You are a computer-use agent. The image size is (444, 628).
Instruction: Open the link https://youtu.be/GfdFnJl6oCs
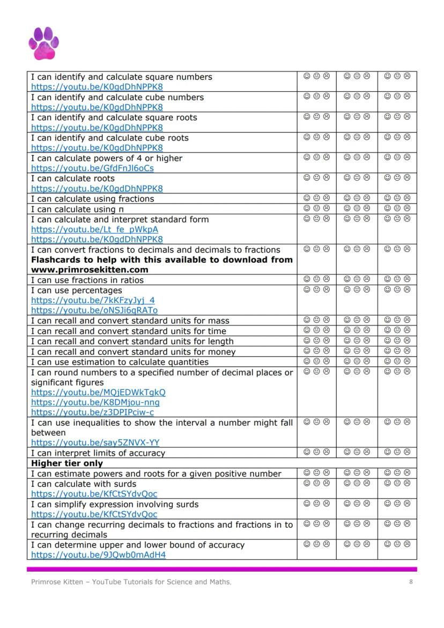point(92,168)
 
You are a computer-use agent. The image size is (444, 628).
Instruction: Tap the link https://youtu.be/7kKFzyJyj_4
point(92,300)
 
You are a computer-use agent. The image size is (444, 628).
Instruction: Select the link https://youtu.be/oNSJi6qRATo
point(94,311)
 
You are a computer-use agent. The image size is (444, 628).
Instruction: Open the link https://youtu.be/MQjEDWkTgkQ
point(98,393)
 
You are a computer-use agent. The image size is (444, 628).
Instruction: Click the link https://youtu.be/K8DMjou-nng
point(95,402)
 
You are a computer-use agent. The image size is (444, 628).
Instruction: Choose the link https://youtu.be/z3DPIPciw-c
point(92,412)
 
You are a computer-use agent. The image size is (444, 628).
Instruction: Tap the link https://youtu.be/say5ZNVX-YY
point(95,443)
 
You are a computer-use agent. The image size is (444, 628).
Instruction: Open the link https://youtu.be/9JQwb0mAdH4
point(98,555)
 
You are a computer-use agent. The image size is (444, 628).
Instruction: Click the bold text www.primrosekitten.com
point(90,270)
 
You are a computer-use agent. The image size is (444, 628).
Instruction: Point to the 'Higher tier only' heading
point(67,463)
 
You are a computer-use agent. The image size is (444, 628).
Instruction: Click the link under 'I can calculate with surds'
point(94,494)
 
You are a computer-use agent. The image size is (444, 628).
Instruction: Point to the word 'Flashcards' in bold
point(56,260)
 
